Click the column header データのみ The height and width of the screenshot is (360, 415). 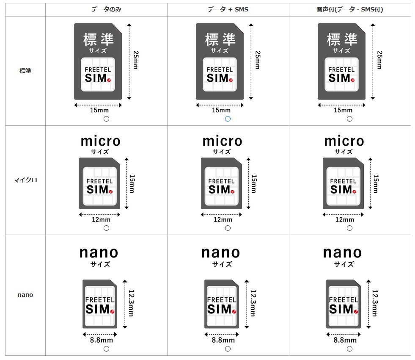(106, 9)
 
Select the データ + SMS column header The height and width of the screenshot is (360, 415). (228, 9)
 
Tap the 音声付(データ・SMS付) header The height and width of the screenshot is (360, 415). (349, 9)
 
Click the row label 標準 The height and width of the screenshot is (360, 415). (25, 71)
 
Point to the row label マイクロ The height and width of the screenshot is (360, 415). (25, 180)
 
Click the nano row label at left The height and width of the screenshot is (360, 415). (25, 295)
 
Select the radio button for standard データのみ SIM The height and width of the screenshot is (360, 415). (106, 119)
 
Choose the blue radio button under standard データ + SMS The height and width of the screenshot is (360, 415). (228, 119)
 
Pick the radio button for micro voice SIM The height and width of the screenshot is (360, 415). (349, 228)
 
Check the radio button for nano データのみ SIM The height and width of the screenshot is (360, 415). (106, 349)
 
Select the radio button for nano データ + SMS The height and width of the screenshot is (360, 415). (228, 349)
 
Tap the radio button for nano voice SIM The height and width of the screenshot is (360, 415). (349, 349)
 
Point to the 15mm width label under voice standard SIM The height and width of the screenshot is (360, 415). (343, 110)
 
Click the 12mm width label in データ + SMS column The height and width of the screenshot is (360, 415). (223, 219)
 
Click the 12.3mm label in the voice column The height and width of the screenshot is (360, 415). (374, 303)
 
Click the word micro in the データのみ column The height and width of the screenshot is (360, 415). (100, 141)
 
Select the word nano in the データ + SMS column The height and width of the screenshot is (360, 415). (221, 252)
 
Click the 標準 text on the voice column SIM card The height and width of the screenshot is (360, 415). (342, 40)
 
